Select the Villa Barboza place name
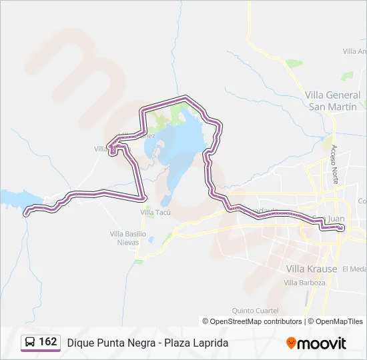pyautogui.click(x=304, y=283)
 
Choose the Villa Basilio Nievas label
pyautogui.click(x=127, y=237)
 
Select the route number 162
pyautogui.click(x=48, y=342)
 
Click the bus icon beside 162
pyautogui.click(x=30, y=343)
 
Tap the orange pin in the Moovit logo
pyautogui.click(x=292, y=343)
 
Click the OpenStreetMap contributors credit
pyautogui.click(x=252, y=321)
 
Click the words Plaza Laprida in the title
pyautogui.click(x=200, y=343)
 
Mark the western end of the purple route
pyautogui.click(x=27, y=213)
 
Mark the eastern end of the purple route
pyautogui.click(x=341, y=229)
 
